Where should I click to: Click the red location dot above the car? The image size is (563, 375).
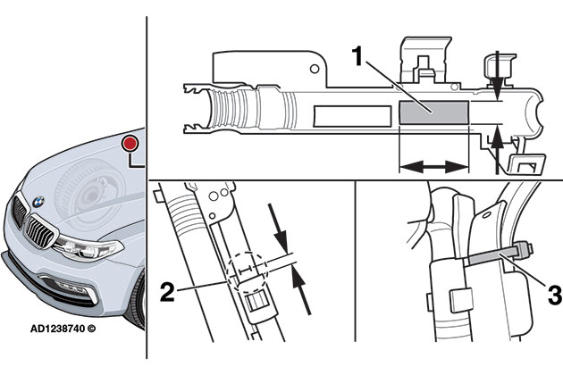(x=130, y=142)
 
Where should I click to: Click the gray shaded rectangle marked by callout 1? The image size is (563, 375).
(x=433, y=112)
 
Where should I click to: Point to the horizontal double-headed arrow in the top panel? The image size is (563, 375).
(x=433, y=166)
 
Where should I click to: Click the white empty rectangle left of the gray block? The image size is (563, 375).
(x=353, y=112)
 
